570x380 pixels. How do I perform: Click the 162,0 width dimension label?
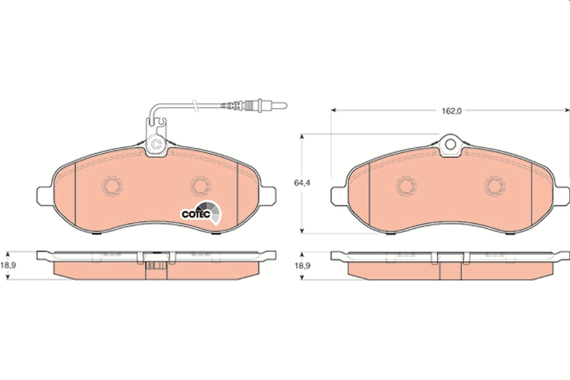tap(451, 111)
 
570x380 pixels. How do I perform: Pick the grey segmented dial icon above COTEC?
tap(211, 210)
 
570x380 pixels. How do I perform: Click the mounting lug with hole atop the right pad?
tap(450, 145)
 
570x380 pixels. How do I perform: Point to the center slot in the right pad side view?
tap(450, 271)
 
